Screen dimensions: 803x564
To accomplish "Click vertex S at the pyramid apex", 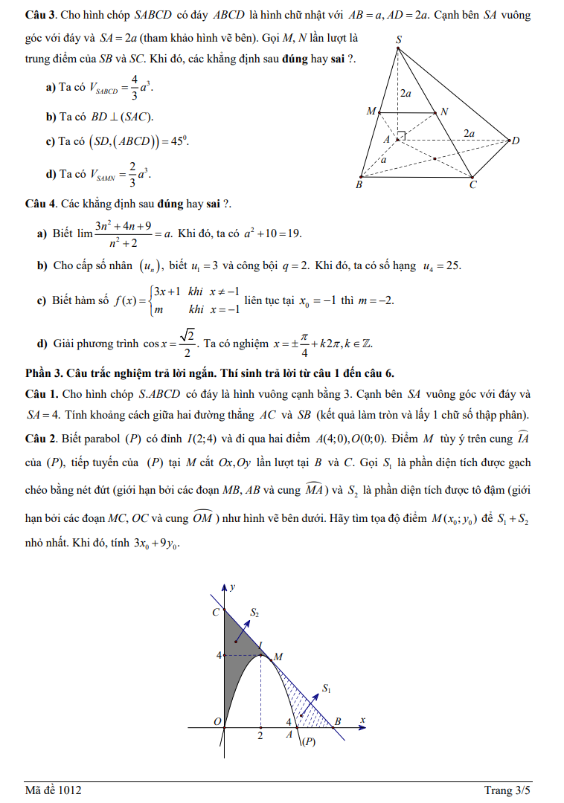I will click(399, 46).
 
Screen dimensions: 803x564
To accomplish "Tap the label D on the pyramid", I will click(514, 140).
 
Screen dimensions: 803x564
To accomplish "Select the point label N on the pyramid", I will click(444, 112).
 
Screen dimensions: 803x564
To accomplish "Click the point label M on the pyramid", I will click(371, 112).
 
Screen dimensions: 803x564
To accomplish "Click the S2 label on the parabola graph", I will click(254, 613).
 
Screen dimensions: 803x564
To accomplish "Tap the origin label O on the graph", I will click(217, 722).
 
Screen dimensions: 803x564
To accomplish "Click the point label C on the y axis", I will click(216, 613).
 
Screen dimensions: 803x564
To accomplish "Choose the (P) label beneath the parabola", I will click(308, 741).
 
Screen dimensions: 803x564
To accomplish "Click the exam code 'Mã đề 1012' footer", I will click(53, 790).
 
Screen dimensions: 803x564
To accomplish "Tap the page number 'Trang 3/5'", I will click(508, 790).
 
